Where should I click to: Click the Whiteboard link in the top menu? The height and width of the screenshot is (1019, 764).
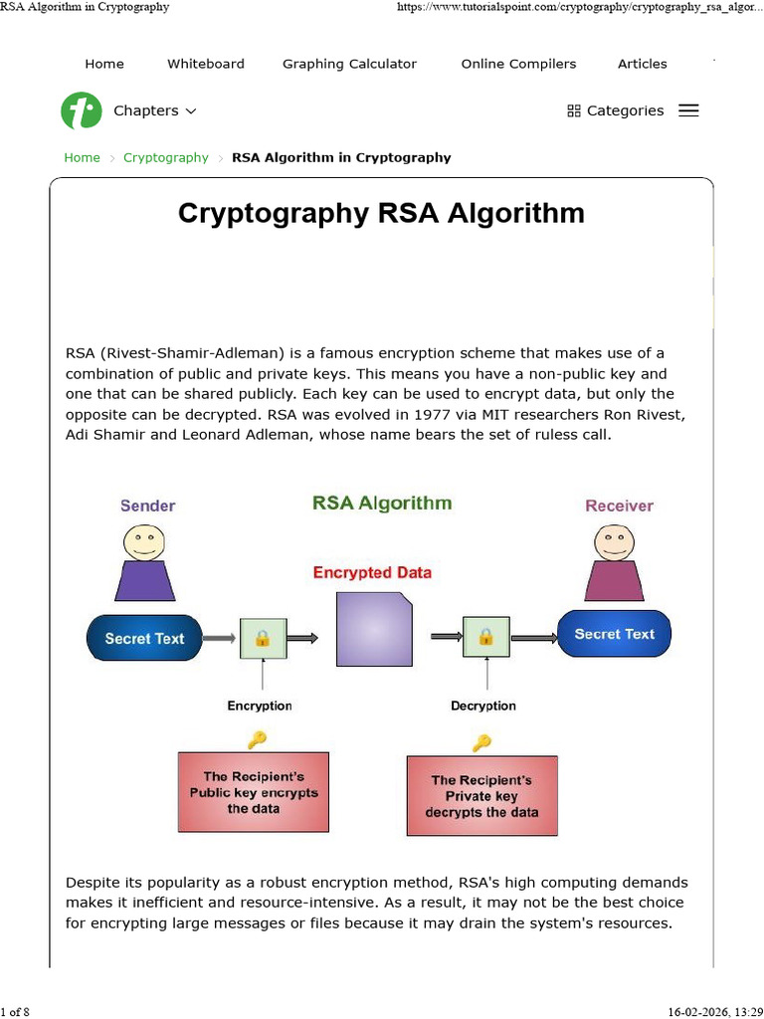[206, 64]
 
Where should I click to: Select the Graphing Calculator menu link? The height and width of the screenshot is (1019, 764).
[349, 64]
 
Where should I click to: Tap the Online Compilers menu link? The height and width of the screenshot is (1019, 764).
[518, 64]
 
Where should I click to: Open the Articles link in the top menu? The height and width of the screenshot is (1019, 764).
[643, 64]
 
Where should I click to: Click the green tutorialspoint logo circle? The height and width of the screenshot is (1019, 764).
[81, 110]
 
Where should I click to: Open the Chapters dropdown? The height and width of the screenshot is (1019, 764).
[154, 110]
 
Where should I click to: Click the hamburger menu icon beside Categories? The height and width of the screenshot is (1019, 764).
[688, 110]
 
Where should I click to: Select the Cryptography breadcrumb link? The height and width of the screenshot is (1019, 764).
[166, 157]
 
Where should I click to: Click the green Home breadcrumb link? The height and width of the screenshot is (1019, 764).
[82, 157]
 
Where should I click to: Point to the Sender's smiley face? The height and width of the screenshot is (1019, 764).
[144, 542]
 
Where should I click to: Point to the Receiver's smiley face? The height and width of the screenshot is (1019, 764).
[614, 542]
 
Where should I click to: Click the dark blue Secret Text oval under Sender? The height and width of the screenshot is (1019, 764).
[144, 639]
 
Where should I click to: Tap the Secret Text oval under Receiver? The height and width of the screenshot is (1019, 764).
[614, 634]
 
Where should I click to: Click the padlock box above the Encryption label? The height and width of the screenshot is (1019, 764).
[263, 637]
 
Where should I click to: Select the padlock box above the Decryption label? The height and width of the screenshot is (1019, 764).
[485, 637]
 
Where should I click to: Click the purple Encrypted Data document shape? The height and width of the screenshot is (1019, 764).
[376, 629]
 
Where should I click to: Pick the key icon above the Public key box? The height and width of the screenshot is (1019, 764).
[258, 738]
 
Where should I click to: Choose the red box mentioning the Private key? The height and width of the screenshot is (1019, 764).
[481, 795]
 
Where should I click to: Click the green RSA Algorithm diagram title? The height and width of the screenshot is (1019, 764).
[382, 503]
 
